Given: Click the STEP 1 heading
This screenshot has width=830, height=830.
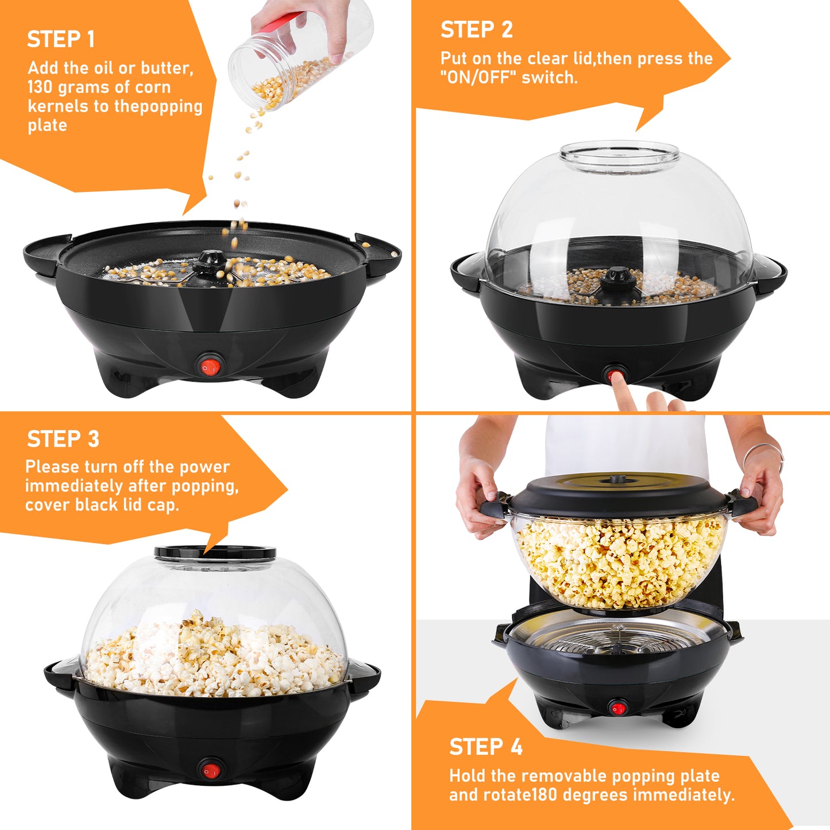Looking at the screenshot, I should click(x=61, y=39).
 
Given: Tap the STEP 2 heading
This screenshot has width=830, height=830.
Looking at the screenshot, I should click(x=476, y=30).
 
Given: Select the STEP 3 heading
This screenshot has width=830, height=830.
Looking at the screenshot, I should click(x=63, y=439).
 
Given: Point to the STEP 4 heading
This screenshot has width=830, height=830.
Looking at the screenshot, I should click(x=486, y=747).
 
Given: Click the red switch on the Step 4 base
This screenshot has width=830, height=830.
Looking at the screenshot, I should click(x=617, y=708).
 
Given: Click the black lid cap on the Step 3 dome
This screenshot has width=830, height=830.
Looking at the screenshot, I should click(x=215, y=553).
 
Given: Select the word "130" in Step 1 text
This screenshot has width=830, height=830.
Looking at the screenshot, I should click(x=40, y=87).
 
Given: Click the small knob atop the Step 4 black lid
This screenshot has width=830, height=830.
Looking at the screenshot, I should click(x=617, y=478).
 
